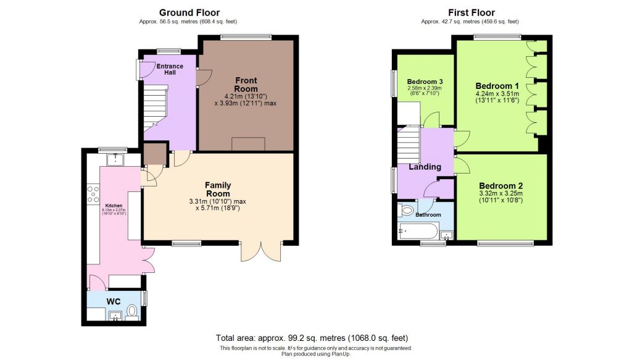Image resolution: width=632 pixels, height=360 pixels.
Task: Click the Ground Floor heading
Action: tap(189, 12)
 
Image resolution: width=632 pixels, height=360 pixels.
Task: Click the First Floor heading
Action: tap(471, 12)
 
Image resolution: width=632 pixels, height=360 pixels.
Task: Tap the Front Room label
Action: tap(246, 85)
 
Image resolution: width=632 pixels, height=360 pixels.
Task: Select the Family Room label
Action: tap(218, 189)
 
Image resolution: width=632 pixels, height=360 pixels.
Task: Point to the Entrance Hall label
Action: tap(169, 69)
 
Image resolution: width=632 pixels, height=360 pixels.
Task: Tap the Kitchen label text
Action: tap(114, 206)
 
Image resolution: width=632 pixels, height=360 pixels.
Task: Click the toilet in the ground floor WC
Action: tap(131, 311)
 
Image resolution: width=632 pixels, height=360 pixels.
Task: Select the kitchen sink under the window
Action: tap(115, 160)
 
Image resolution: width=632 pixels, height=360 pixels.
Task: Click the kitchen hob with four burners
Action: tap(94, 194)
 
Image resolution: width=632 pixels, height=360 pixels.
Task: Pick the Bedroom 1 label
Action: tap(497, 86)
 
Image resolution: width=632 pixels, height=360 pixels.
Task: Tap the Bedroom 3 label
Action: tap(425, 82)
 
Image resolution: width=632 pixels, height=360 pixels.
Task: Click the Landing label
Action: tap(425, 167)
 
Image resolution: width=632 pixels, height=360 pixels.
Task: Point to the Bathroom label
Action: tap(428, 215)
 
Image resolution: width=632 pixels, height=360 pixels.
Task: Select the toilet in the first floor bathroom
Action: tap(407, 211)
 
